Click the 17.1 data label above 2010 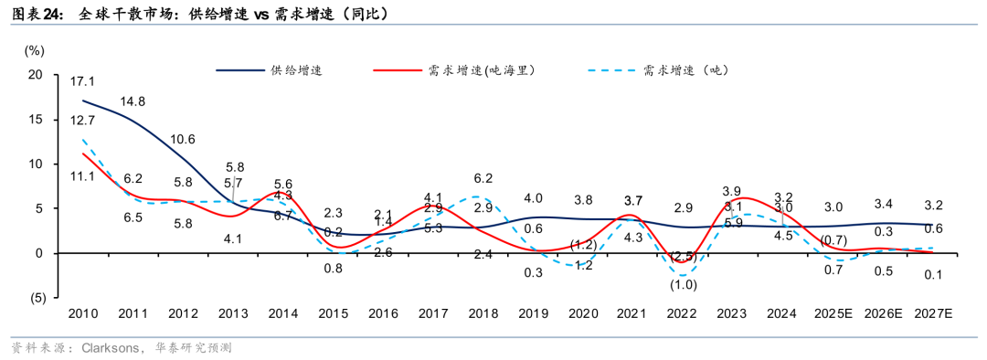pos(82,81)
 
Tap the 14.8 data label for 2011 pos(133,101)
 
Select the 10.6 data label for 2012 pos(183,140)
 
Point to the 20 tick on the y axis pos(37,75)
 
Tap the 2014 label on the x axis pos(283,313)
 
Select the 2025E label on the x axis pos(833,313)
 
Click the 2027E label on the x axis pos(933,313)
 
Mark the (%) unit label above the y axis pos(34,51)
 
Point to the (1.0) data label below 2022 pos(684,284)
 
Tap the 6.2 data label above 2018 pos(483,178)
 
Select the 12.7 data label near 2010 pos(82,120)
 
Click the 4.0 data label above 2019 pos(534,198)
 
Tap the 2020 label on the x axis pos(583,313)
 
